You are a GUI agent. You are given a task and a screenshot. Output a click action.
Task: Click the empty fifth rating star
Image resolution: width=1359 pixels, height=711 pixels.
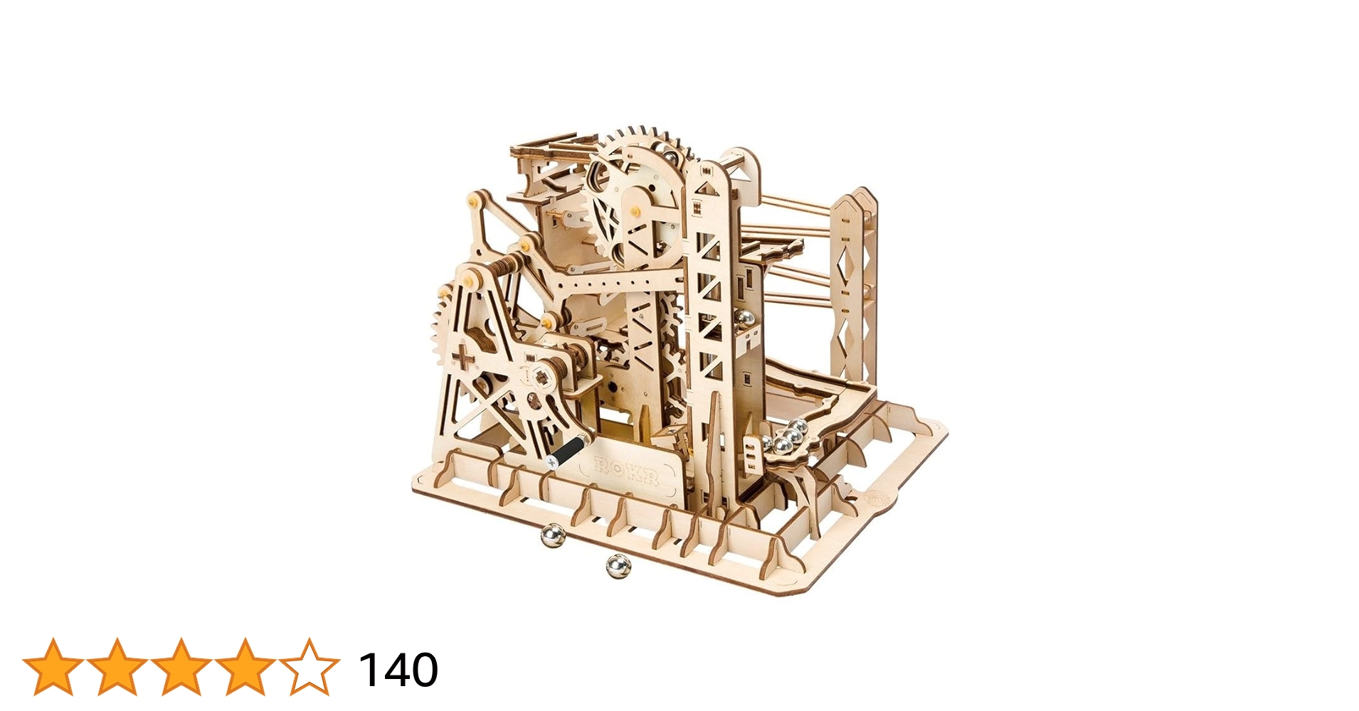[x=309, y=668]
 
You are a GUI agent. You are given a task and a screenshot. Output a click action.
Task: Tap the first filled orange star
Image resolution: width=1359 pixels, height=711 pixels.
[x=53, y=668]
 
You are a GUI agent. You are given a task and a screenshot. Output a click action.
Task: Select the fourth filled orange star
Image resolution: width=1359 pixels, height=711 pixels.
[x=245, y=668]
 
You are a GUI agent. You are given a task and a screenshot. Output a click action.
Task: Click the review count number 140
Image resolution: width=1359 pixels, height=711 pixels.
[x=398, y=670]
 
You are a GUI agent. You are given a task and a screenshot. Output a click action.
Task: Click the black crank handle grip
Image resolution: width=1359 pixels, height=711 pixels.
[x=569, y=451]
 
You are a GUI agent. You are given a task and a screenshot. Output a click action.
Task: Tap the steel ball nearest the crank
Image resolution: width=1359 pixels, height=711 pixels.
[x=552, y=535]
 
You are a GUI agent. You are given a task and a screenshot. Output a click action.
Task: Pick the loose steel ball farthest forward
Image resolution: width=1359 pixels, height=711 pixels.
[x=618, y=566]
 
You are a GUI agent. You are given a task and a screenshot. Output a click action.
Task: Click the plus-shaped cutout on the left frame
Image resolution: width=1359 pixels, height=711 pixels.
[x=463, y=360]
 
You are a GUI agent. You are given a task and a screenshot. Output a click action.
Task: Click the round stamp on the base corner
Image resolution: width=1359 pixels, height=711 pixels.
[x=875, y=497]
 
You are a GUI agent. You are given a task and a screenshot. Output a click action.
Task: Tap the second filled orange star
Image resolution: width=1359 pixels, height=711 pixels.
[x=117, y=668]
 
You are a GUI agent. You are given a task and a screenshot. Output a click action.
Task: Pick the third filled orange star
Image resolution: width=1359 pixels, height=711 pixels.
[x=181, y=668]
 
